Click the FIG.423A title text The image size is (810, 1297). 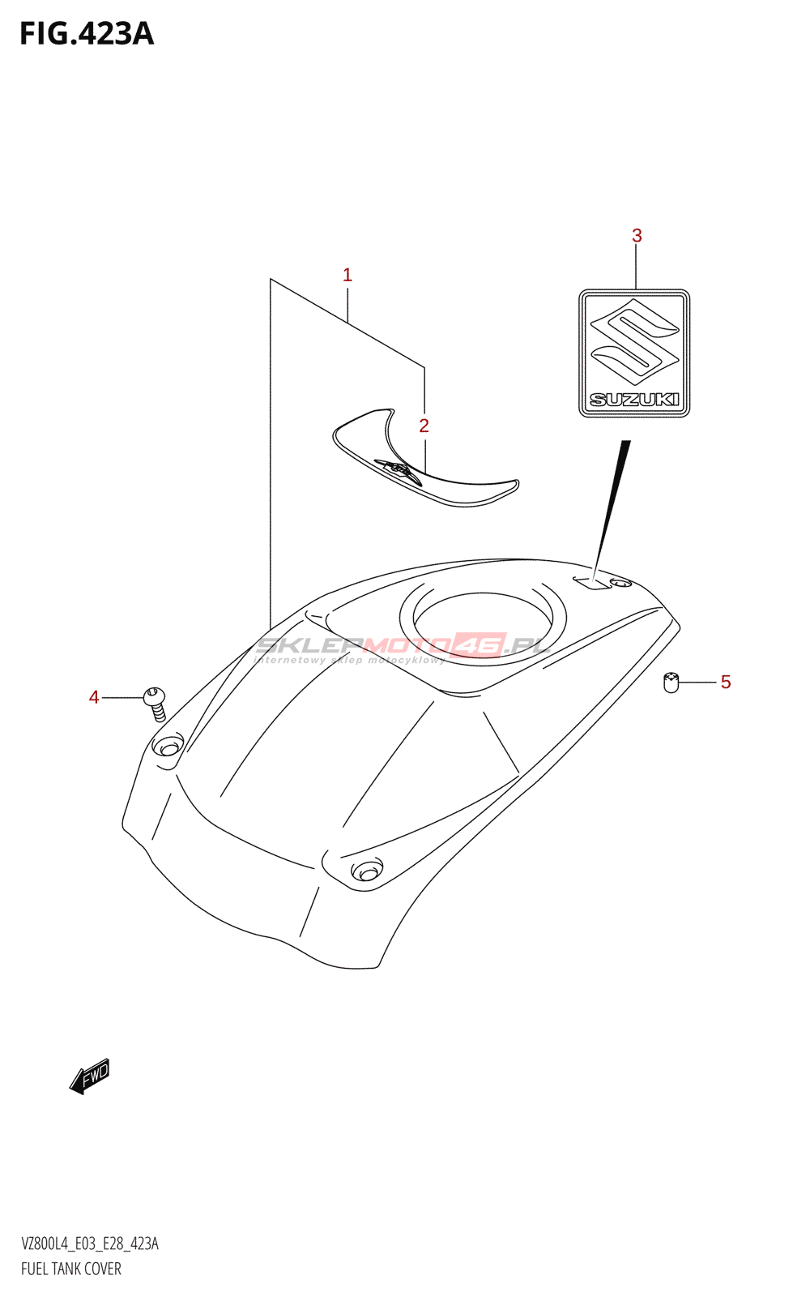[87, 34]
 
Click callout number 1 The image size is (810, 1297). [347, 276]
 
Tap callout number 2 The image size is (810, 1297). [424, 426]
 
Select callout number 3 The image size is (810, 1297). [637, 236]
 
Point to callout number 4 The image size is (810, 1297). [94, 697]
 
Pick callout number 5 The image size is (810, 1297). [726, 683]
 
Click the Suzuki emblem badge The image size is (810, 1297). [634, 353]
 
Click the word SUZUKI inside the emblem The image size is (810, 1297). [634, 399]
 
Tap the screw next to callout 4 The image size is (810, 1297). [156, 702]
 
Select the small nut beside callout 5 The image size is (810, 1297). [671, 683]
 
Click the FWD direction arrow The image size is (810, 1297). [89, 1077]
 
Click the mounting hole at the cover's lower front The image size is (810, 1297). [366, 871]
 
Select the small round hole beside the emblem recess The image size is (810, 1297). [620, 583]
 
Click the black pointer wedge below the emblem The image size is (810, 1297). [612, 507]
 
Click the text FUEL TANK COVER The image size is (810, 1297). [71, 1269]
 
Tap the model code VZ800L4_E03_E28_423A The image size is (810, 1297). [90, 1244]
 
